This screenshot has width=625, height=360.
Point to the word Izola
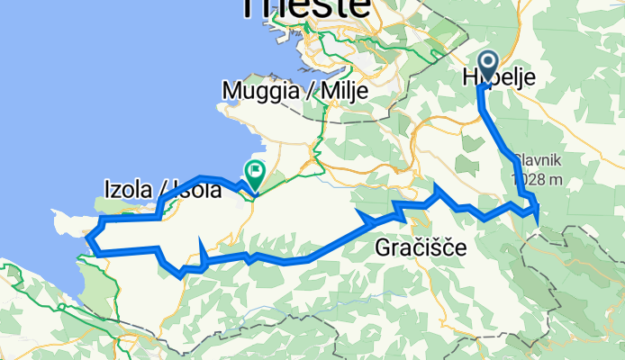(x=128, y=190)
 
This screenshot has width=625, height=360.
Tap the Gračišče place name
(x=421, y=247)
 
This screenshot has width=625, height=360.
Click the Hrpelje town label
(x=499, y=78)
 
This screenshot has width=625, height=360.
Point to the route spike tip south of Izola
(x=199, y=238)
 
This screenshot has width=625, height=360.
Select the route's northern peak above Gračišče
(x=437, y=186)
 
